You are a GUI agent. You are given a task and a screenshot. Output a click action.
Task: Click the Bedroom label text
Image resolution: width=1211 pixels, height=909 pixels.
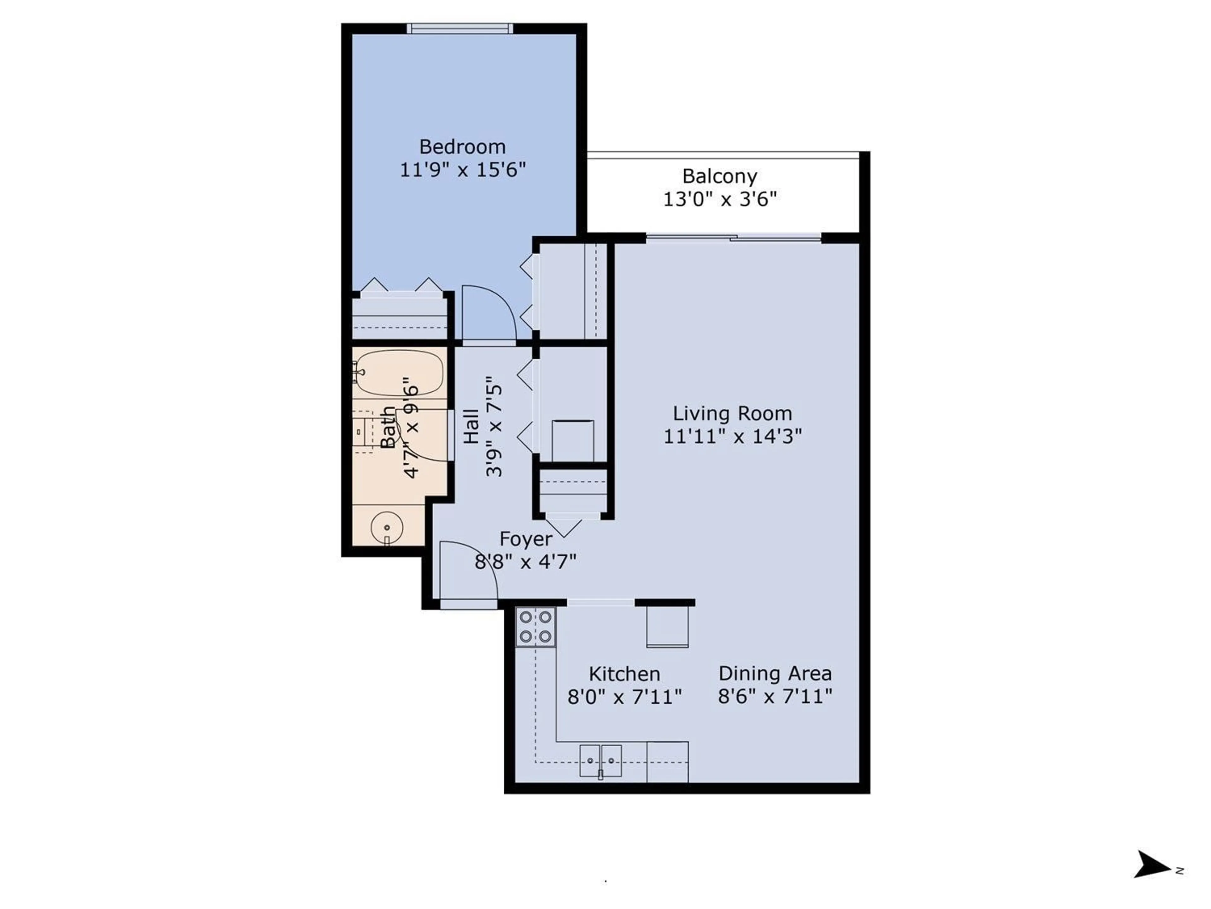coord(462,147)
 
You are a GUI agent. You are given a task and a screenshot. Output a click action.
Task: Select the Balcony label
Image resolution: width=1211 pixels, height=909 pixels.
coord(719,176)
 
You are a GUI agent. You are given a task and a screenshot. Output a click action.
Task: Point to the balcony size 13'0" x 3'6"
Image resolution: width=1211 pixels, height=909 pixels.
coord(719,199)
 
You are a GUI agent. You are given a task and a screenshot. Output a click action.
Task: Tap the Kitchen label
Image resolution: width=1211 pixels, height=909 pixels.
coord(624,674)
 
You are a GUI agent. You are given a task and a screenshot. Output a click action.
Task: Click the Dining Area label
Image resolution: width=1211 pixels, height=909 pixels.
coord(775,674)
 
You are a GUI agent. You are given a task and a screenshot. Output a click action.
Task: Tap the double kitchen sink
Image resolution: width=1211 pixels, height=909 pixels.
coord(600,761)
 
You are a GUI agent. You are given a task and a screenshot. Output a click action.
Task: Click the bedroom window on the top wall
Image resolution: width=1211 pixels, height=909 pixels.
coord(460,28)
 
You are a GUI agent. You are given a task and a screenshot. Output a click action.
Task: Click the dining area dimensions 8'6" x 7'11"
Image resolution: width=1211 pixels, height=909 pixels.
coord(775,696)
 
